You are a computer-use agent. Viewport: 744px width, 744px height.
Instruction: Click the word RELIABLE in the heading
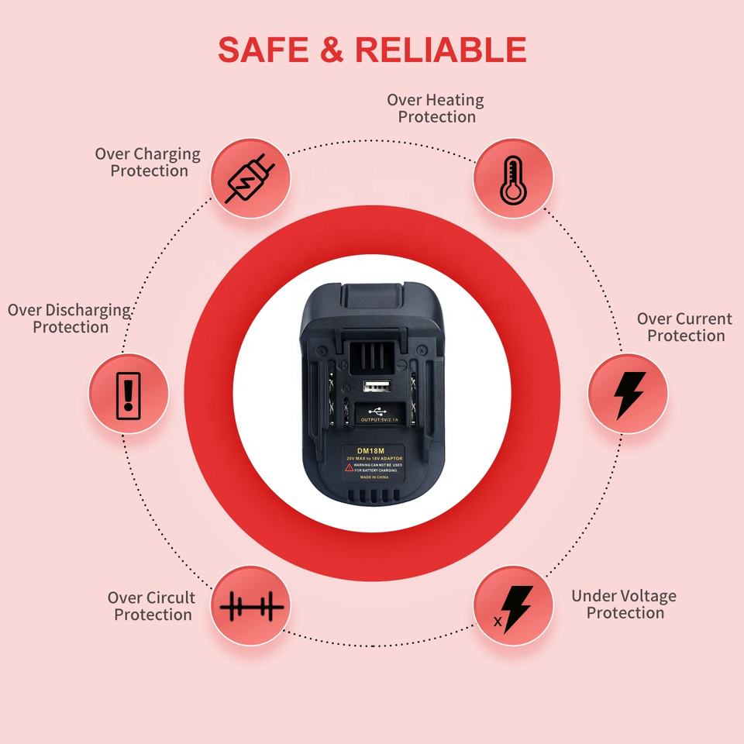441,50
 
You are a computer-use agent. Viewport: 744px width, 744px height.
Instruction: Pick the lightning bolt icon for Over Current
628,394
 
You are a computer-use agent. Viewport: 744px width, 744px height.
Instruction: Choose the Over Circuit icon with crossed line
250,606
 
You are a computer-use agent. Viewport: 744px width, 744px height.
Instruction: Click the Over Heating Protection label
436,108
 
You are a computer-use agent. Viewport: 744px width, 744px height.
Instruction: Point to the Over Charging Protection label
148,162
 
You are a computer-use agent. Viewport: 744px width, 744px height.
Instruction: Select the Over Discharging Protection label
70,319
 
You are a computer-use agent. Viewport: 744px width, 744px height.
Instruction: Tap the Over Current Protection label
684,327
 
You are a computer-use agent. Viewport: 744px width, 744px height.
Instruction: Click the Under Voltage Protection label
624,604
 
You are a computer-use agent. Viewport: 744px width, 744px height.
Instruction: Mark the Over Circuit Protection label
152,606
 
